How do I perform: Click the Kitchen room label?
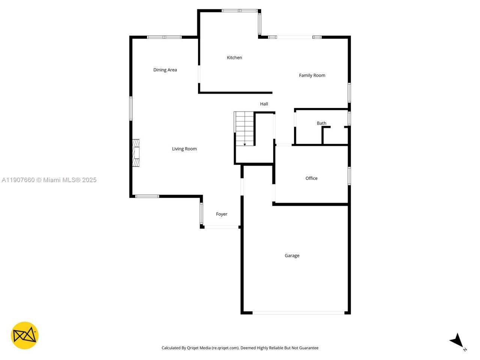[234, 57]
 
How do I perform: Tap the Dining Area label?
[165, 70]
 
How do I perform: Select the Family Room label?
[312, 75]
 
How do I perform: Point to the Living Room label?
[184, 149]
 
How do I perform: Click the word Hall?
[264, 104]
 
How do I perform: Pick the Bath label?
[321, 123]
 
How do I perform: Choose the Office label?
[311, 178]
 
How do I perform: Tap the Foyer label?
[222, 214]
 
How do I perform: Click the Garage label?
[292, 256]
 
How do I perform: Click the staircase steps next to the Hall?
[244, 127]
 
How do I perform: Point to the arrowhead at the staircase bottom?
[244, 144]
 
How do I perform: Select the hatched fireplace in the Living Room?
[135, 153]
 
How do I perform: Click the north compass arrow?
[457, 340]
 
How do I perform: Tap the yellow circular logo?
[25, 335]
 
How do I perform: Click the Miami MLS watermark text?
[49, 180]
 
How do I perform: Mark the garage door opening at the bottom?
[298, 312]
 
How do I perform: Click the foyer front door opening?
[222, 227]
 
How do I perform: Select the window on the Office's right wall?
[349, 176]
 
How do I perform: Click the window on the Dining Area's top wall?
[164, 37]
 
